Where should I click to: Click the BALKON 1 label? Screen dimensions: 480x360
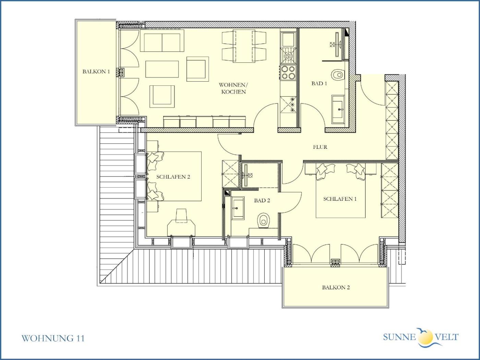[x=96, y=72]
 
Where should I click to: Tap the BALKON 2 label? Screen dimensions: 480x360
[x=336, y=287]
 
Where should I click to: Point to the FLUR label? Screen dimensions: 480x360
[x=320, y=147]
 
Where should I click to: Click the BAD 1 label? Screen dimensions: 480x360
[x=319, y=83]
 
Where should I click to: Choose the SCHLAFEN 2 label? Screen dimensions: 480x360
[x=173, y=177]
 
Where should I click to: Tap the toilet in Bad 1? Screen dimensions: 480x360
[x=338, y=75]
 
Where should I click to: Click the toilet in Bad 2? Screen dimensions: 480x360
[x=264, y=220]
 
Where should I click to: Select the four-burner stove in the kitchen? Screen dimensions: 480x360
[x=288, y=72]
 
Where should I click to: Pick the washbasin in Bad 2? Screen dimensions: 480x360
[x=238, y=208]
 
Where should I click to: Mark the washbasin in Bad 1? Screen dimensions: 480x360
[x=338, y=109]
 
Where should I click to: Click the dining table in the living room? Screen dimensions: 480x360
[x=244, y=46]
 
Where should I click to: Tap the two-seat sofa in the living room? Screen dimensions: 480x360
[x=162, y=41]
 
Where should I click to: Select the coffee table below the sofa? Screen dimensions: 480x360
[x=162, y=69]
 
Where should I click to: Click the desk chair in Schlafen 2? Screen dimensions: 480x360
[x=181, y=216]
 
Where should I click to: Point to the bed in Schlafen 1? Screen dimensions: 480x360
[x=341, y=191]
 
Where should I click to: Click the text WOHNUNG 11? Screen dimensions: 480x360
[x=53, y=338]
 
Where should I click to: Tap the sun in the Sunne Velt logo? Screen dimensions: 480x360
[x=425, y=336]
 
